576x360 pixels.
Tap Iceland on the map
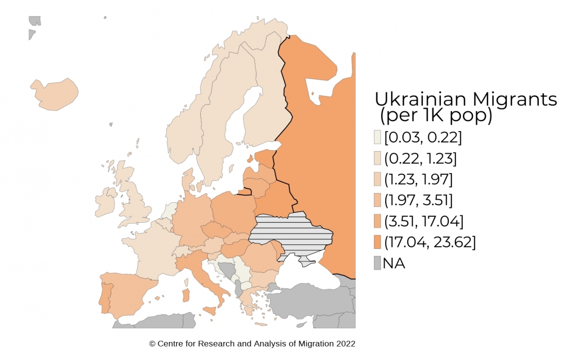54,94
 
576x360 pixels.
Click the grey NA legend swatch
377,263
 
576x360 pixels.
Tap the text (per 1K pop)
436,116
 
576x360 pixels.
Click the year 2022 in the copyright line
346,344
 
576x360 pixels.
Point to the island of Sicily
210,311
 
